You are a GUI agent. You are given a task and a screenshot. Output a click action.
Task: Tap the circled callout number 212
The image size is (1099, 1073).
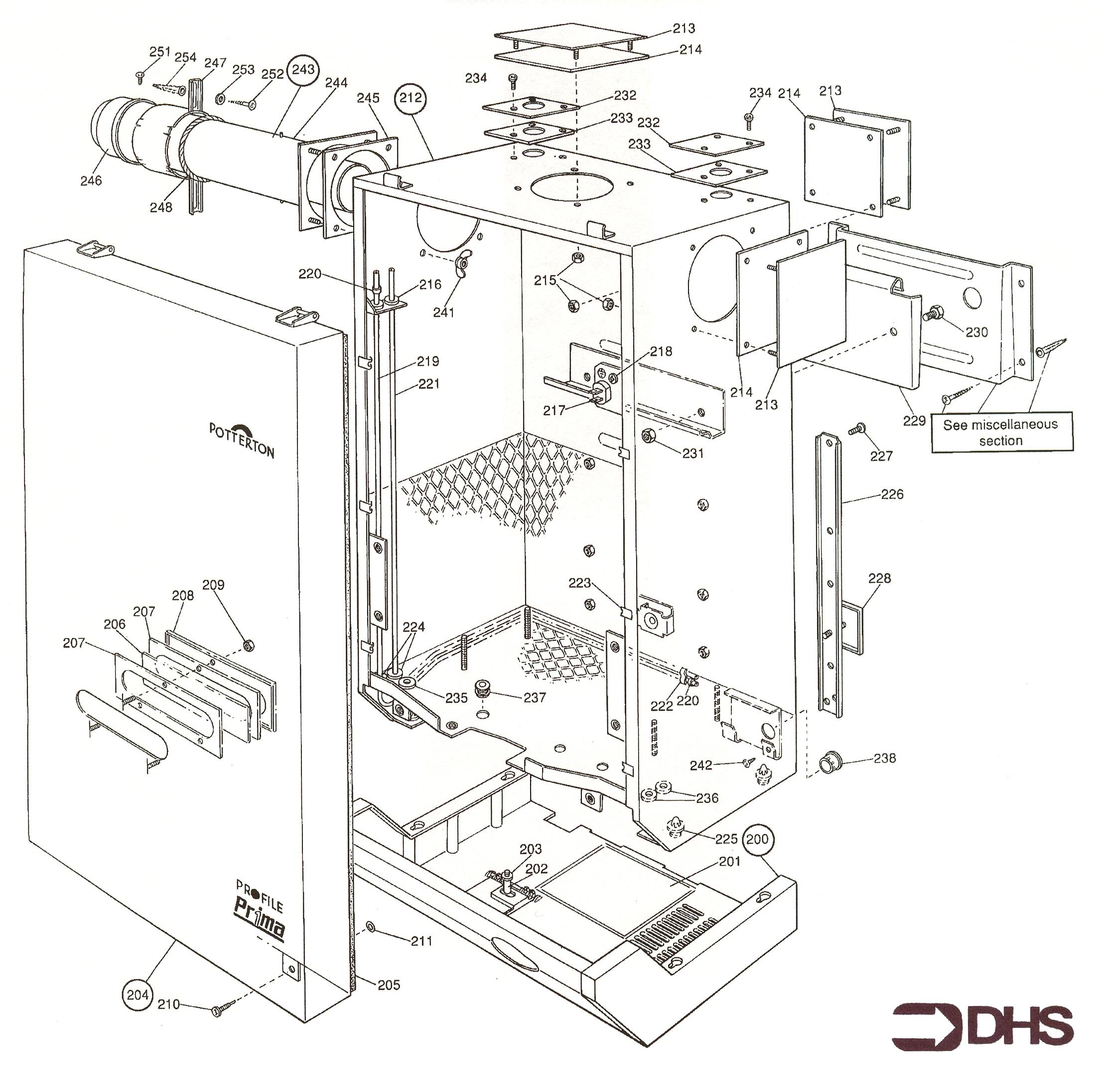(411, 98)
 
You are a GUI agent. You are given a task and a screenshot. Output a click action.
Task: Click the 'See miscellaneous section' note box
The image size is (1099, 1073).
(1000, 432)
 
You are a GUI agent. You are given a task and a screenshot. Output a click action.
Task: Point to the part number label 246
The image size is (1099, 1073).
(91, 180)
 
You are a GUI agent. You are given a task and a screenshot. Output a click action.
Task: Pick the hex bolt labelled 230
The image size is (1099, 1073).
(931, 313)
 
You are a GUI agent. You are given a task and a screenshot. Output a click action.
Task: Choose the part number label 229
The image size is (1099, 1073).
(914, 420)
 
